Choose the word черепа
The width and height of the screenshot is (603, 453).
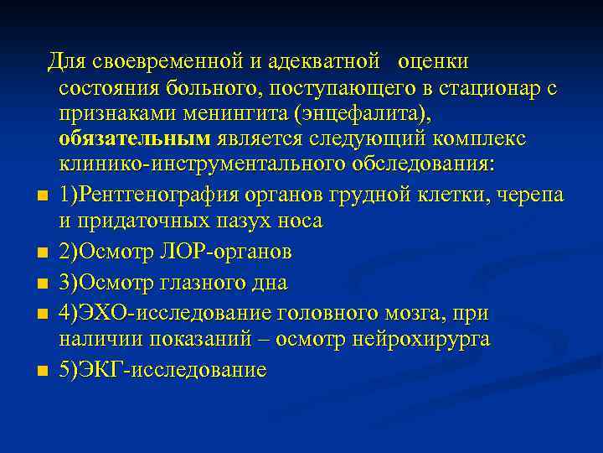point(537,195)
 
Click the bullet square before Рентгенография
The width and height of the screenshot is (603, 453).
point(42,197)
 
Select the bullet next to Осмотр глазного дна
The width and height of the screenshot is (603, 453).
point(42,284)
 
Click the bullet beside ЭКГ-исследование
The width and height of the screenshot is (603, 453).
point(42,372)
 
